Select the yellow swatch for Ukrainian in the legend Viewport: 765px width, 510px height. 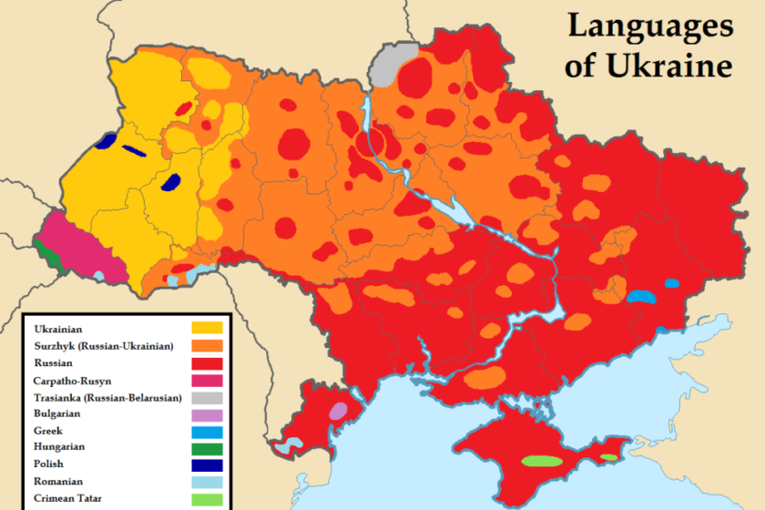click(207, 328)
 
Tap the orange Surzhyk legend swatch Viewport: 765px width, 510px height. click(207, 345)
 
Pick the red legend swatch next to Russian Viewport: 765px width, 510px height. click(207, 362)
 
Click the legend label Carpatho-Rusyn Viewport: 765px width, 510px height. click(73, 380)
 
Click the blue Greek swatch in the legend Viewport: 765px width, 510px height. click(207, 430)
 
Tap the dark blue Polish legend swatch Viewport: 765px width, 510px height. click(207, 464)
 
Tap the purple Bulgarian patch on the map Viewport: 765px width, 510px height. click(338, 411)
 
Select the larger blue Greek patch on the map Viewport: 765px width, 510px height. click(641, 296)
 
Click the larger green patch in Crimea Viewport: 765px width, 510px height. click(541, 461)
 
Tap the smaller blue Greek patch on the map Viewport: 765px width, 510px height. click(671, 282)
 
